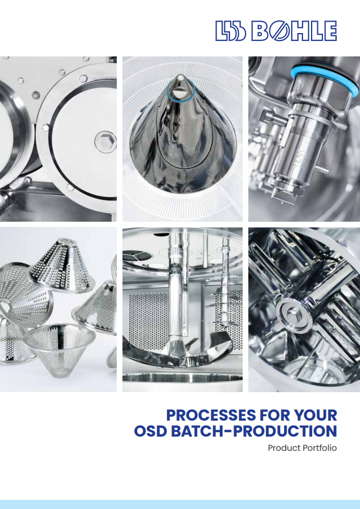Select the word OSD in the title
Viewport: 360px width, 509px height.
click(x=150, y=431)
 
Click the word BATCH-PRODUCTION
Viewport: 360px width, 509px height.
click(x=254, y=431)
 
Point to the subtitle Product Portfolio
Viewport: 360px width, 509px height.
click(x=302, y=448)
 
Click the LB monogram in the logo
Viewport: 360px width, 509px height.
click(x=231, y=31)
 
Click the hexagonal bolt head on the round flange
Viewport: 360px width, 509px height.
click(x=105, y=142)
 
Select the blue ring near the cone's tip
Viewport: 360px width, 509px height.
click(x=181, y=91)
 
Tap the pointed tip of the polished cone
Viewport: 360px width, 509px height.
click(x=180, y=76)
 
